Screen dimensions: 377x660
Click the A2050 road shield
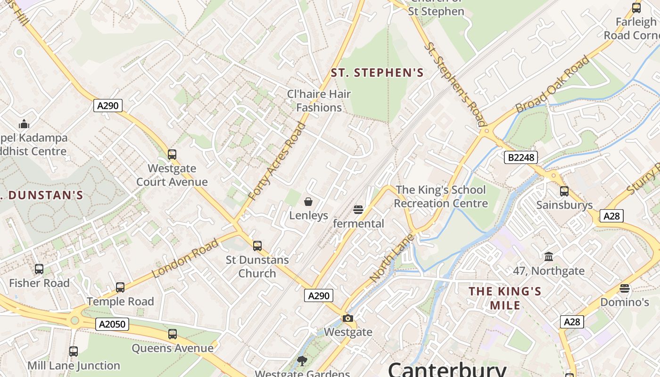coord(112,324)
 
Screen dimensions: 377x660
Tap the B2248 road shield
coord(521,157)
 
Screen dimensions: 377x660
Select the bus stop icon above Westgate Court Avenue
coord(172,154)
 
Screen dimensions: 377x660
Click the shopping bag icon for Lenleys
coord(308,202)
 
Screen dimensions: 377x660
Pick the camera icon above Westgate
coord(348,318)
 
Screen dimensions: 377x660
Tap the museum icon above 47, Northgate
coord(549,257)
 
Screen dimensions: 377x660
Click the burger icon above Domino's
coord(625,288)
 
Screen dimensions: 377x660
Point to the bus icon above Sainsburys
coord(564,191)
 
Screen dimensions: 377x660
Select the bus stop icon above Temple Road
coord(120,287)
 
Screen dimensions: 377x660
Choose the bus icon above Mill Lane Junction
coord(74,351)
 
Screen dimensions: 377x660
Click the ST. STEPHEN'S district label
coord(377,73)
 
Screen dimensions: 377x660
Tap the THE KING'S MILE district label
coord(505,298)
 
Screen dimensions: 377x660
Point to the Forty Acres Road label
coord(277,161)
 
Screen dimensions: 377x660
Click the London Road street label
coord(185,258)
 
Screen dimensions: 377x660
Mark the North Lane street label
coord(392,258)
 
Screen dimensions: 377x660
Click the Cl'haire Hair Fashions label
coord(319,100)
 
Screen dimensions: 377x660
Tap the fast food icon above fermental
coord(358,209)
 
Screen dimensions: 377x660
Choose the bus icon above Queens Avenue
coord(173,334)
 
